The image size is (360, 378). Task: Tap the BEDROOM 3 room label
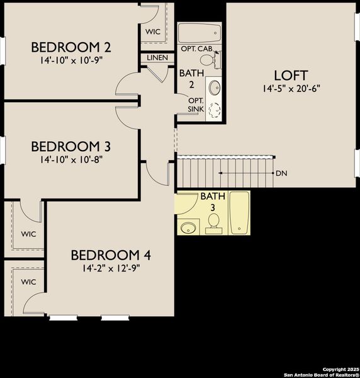71,147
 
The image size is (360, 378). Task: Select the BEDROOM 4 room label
111,255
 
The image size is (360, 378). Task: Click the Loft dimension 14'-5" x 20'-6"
293,89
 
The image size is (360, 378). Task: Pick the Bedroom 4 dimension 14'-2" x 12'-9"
111,268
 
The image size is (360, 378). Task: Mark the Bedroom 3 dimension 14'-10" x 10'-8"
71,159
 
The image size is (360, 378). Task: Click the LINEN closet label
157,57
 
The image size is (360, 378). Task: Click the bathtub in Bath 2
200,31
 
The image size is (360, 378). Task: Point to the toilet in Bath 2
217,59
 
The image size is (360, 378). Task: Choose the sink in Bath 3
188,227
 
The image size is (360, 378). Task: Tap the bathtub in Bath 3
240,214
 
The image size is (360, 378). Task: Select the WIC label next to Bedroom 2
153,31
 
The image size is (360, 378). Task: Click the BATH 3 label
208,202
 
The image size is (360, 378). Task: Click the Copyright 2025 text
340,369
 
